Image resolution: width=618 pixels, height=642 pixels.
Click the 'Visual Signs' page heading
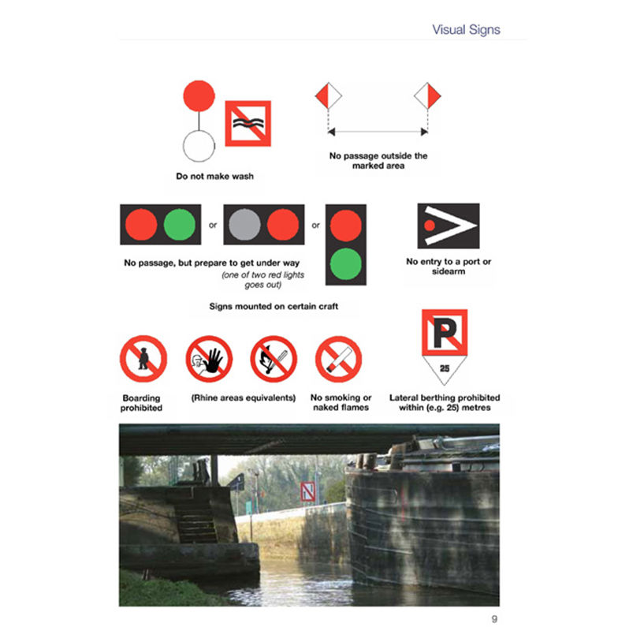tap(466, 30)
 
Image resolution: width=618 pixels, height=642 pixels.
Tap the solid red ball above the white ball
tap(199, 95)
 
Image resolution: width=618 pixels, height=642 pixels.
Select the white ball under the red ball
tap(199, 146)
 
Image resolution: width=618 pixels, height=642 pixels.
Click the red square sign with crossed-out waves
tap(248, 123)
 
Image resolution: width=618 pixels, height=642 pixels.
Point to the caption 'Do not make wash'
tap(215, 176)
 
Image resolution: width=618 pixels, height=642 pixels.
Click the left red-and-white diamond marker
tap(328, 95)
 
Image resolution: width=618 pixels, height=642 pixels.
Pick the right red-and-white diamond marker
tap(427, 95)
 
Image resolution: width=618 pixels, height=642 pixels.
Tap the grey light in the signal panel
tap(244, 224)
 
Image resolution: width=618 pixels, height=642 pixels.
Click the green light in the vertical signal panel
tap(346, 263)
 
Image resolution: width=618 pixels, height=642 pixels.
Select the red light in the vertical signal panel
tap(346, 226)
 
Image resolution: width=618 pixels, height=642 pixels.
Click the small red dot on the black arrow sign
tap(430, 226)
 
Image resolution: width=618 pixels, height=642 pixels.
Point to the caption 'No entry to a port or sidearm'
tap(449, 266)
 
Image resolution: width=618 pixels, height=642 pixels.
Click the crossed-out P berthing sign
tap(445, 332)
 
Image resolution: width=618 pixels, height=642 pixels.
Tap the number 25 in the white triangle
tap(445, 368)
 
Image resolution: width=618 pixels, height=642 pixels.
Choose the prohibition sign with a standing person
tap(143, 359)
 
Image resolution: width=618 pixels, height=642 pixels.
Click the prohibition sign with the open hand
tap(209, 359)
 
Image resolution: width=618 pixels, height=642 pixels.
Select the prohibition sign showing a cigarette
tap(338, 359)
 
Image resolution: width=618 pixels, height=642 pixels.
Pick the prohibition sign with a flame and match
tap(274, 359)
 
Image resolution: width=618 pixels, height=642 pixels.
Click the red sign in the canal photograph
tap(307, 491)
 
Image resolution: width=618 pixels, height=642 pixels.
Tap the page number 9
tap(494, 618)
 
